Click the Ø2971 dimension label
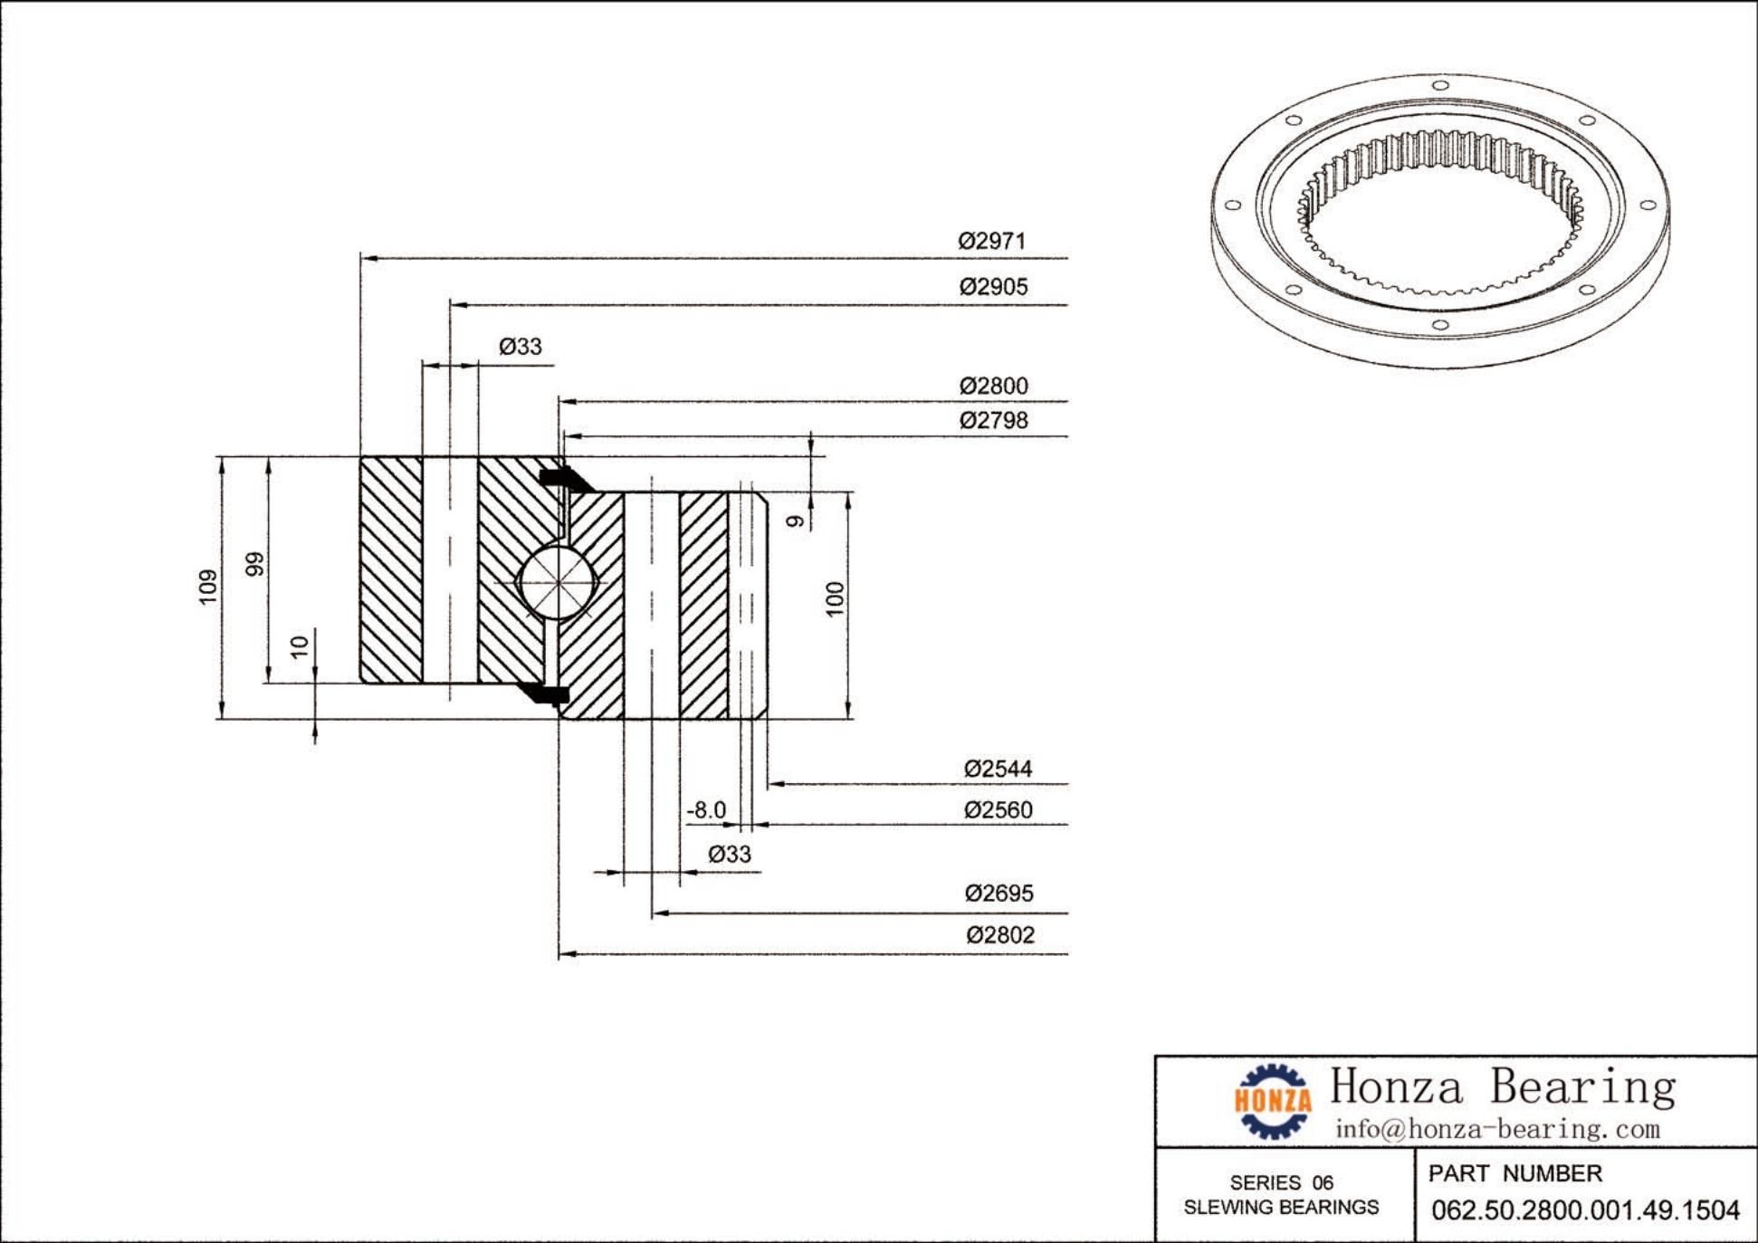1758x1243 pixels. point(992,241)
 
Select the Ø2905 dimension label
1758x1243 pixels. point(993,287)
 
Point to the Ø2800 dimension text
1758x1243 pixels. point(993,386)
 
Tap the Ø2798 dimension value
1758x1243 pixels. point(993,420)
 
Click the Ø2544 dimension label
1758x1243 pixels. point(998,769)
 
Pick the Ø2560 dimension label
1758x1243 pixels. point(998,809)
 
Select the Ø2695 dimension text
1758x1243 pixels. point(998,894)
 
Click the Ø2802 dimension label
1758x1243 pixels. point(999,934)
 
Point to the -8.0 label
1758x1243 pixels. point(706,809)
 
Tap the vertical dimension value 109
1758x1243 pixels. point(208,587)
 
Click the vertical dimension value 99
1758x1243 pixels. point(255,563)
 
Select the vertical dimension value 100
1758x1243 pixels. point(835,598)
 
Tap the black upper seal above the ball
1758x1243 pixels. point(561,477)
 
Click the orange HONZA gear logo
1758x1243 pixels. point(1272,1100)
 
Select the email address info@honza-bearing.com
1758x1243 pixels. point(1497,1129)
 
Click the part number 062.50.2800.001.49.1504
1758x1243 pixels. point(1585,1210)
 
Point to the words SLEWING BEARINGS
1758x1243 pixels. point(1281,1207)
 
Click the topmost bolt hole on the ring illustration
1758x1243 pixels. point(1440,86)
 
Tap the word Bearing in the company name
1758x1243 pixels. point(1582,1086)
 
